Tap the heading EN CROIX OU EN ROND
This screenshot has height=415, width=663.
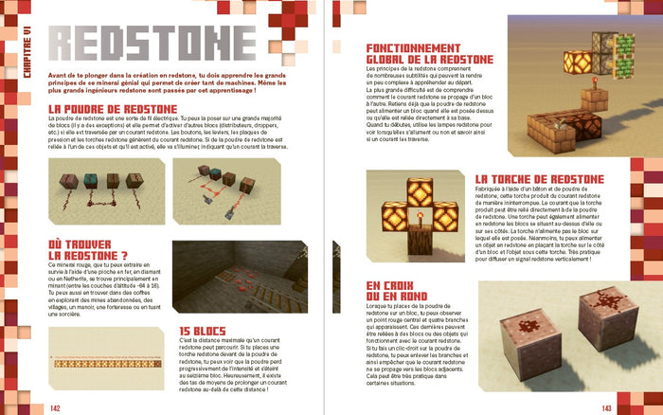coord(395,290)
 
